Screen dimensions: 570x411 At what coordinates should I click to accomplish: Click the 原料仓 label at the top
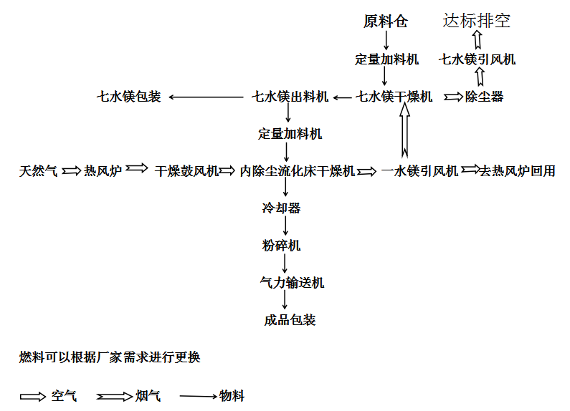(x=386, y=21)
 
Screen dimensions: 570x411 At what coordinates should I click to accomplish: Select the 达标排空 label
(x=477, y=20)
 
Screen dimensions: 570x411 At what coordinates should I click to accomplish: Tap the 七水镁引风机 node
(x=477, y=59)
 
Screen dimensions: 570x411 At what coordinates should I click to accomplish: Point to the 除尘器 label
(x=484, y=97)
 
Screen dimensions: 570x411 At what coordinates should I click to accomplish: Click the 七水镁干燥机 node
(x=394, y=97)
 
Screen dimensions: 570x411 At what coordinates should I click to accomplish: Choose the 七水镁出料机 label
(x=290, y=97)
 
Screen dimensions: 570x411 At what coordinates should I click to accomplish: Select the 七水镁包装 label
(x=128, y=97)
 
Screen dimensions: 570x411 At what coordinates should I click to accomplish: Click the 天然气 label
(x=38, y=171)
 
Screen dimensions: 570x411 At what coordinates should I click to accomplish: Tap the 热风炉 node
(x=103, y=171)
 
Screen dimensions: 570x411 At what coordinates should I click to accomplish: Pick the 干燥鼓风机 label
(x=186, y=171)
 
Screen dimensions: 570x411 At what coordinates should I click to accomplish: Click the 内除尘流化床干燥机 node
(x=297, y=171)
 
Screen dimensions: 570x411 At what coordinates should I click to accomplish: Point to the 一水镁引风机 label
(x=420, y=171)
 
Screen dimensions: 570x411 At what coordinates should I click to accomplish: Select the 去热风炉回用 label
(x=517, y=171)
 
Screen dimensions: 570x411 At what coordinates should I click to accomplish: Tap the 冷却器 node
(x=281, y=208)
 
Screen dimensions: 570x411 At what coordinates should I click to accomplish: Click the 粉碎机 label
(x=281, y=246)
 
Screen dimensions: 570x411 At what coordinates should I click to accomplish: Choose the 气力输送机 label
(x=292, y=282)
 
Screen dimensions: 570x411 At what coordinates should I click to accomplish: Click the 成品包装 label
(x=290, y=320)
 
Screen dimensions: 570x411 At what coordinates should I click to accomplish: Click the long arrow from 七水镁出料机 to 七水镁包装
(x=206, y=97)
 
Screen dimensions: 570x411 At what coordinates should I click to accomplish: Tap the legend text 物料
(x=232, y=396)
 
